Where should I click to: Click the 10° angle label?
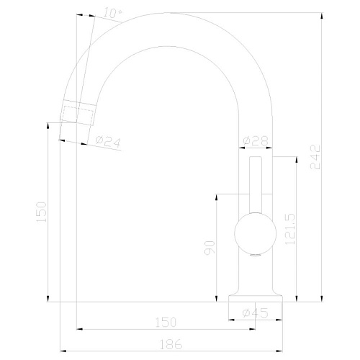pos(112,13)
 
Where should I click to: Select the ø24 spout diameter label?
pos(108,142)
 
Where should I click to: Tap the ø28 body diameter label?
pos(256,141)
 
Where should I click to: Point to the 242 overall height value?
pos(315,157)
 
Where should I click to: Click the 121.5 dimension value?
pos(289,229)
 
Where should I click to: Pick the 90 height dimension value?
pos(210,248)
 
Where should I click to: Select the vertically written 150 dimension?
pos(41,212)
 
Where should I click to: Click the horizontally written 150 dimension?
pos(166,323)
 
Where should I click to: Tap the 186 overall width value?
pos(171,345)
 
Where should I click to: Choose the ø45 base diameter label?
pos(255,313)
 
